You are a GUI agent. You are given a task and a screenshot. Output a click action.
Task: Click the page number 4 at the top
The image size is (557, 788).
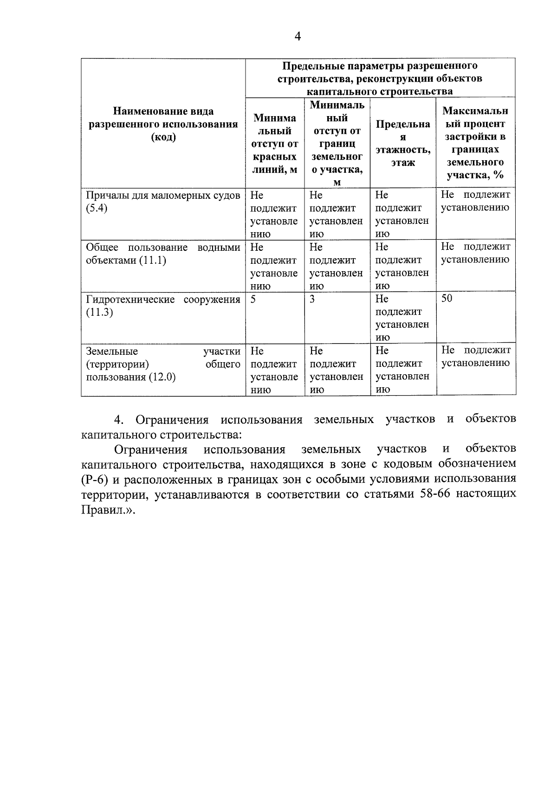pyautogui.click(x=298, y=36)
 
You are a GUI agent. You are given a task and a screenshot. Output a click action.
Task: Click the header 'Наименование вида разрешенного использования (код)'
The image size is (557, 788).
pyautogui.click(x=163, y=124)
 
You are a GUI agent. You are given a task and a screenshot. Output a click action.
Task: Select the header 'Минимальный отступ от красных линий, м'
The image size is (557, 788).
pyautogui.click(x=275, y=143)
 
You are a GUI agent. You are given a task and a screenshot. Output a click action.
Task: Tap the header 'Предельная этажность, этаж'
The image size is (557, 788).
pyautogui.click(x=403, y=143)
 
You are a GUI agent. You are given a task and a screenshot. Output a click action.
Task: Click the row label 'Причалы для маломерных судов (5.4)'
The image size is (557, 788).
pyautogui.click(x=163, y=201)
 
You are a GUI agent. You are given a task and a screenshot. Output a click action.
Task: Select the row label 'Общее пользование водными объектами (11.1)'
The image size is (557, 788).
pyautogui.click(x=163, y=254)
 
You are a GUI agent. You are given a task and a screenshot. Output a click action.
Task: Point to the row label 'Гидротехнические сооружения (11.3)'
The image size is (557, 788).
pyautogui.click(x=163, y=305)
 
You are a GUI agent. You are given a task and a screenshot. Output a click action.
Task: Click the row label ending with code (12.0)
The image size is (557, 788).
pyautogui.click(x=163, y=364)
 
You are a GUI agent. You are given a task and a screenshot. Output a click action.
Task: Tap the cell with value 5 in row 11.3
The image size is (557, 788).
pyautogui.click(x=253, y=299)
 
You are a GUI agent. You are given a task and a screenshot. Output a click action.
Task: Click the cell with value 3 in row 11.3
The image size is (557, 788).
pyautogui.click(x=312, y=299)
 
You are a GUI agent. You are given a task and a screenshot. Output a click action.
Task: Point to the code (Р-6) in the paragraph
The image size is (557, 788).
pyautogui.click(x=94, y=479)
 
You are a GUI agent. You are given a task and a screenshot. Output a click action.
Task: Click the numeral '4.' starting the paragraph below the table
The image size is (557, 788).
pyautogui.click(x=119, y=420)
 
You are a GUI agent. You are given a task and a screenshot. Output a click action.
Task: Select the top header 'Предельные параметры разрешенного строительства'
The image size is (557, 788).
pyautogui.click(x=380, y=78)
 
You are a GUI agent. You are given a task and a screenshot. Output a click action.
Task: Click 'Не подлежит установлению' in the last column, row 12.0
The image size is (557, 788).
pyautogui.click(x=476, y=356)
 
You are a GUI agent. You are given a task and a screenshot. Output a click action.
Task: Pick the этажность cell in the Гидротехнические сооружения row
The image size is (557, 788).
pyautogui.click(x=402, y=318)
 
